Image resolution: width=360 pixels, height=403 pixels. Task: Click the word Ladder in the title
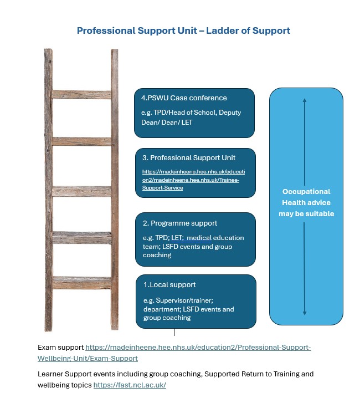[222, 30]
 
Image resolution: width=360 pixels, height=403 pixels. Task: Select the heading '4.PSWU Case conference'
[184, 98]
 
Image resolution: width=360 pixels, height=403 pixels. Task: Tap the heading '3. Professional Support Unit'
[189, 158]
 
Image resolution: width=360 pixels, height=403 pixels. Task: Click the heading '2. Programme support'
[180, 223]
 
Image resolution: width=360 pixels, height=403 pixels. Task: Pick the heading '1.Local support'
[169, 285]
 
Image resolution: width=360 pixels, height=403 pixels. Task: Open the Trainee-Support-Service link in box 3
[193, 180]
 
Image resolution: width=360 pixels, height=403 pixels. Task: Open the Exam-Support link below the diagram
[174, 353]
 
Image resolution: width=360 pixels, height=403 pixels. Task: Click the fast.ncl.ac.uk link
[130, 385]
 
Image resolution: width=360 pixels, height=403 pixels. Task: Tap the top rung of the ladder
[81, 95]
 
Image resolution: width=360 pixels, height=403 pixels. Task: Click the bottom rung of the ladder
[82, 283]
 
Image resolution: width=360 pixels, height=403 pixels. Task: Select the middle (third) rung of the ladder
[81, 191]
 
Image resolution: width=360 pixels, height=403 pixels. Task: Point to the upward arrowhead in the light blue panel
[305, 100]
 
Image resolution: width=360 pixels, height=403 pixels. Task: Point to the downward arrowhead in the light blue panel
[305, 313]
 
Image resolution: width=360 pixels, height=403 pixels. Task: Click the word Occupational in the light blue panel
[306, 192]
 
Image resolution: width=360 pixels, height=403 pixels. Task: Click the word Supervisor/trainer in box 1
[184, 300]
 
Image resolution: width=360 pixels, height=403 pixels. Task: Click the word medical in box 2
[199, 238]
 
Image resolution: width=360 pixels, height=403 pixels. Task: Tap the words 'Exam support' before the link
[60, 348]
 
